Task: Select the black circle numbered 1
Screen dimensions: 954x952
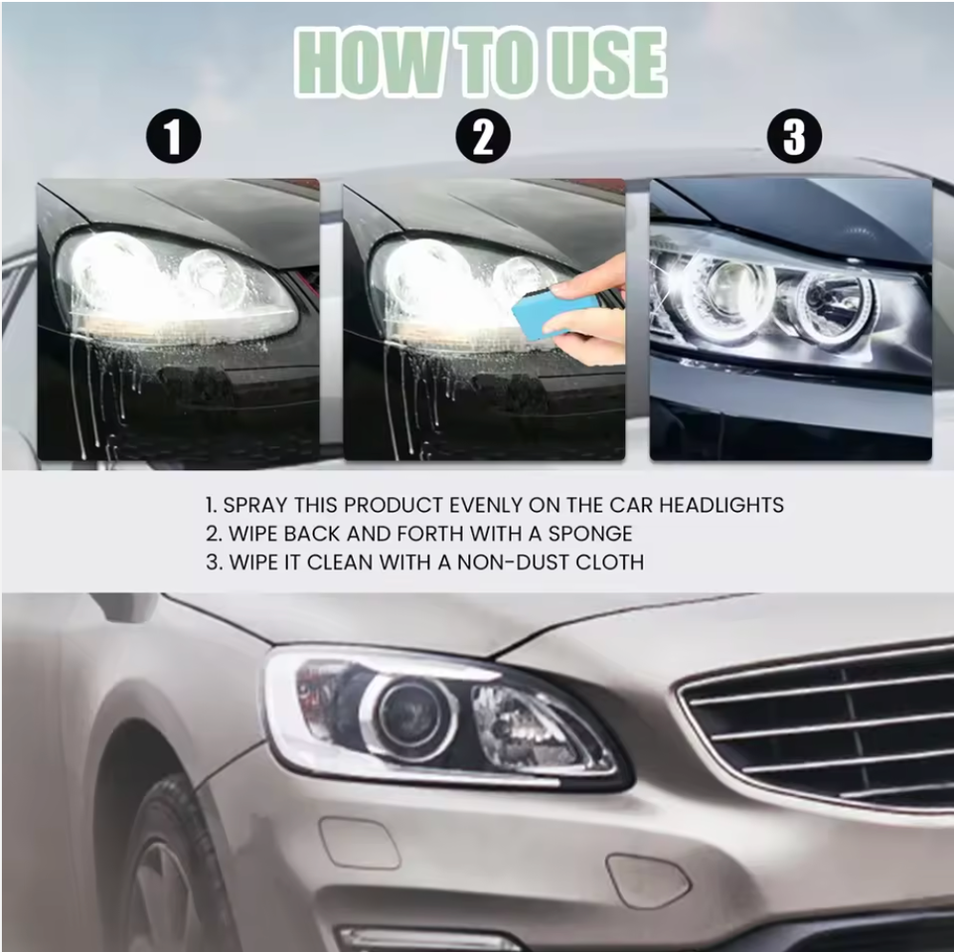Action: pos(173,136)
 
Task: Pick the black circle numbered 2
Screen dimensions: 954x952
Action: pos(483,136)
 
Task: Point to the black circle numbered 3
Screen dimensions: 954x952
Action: pos(794,136)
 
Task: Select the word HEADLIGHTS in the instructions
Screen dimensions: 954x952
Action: pos(721,505)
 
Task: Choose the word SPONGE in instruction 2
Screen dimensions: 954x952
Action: pos(590,534)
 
